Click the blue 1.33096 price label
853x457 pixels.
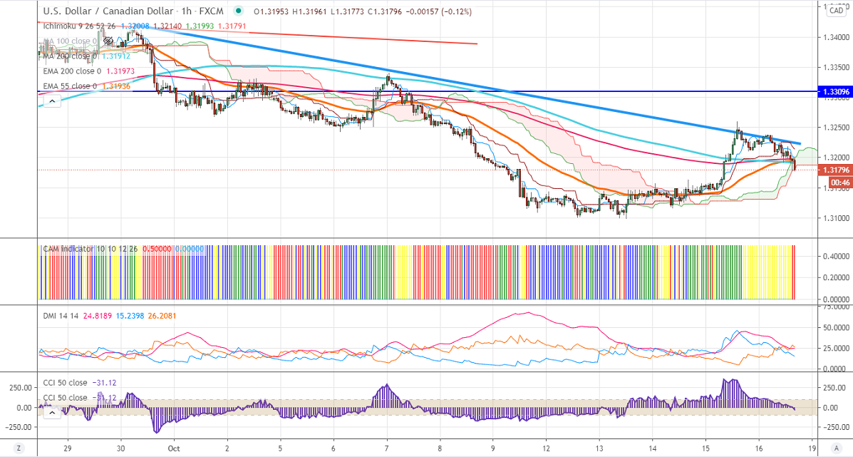click(x=834, y=92)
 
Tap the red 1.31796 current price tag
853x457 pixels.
click(x=834, y=170)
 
